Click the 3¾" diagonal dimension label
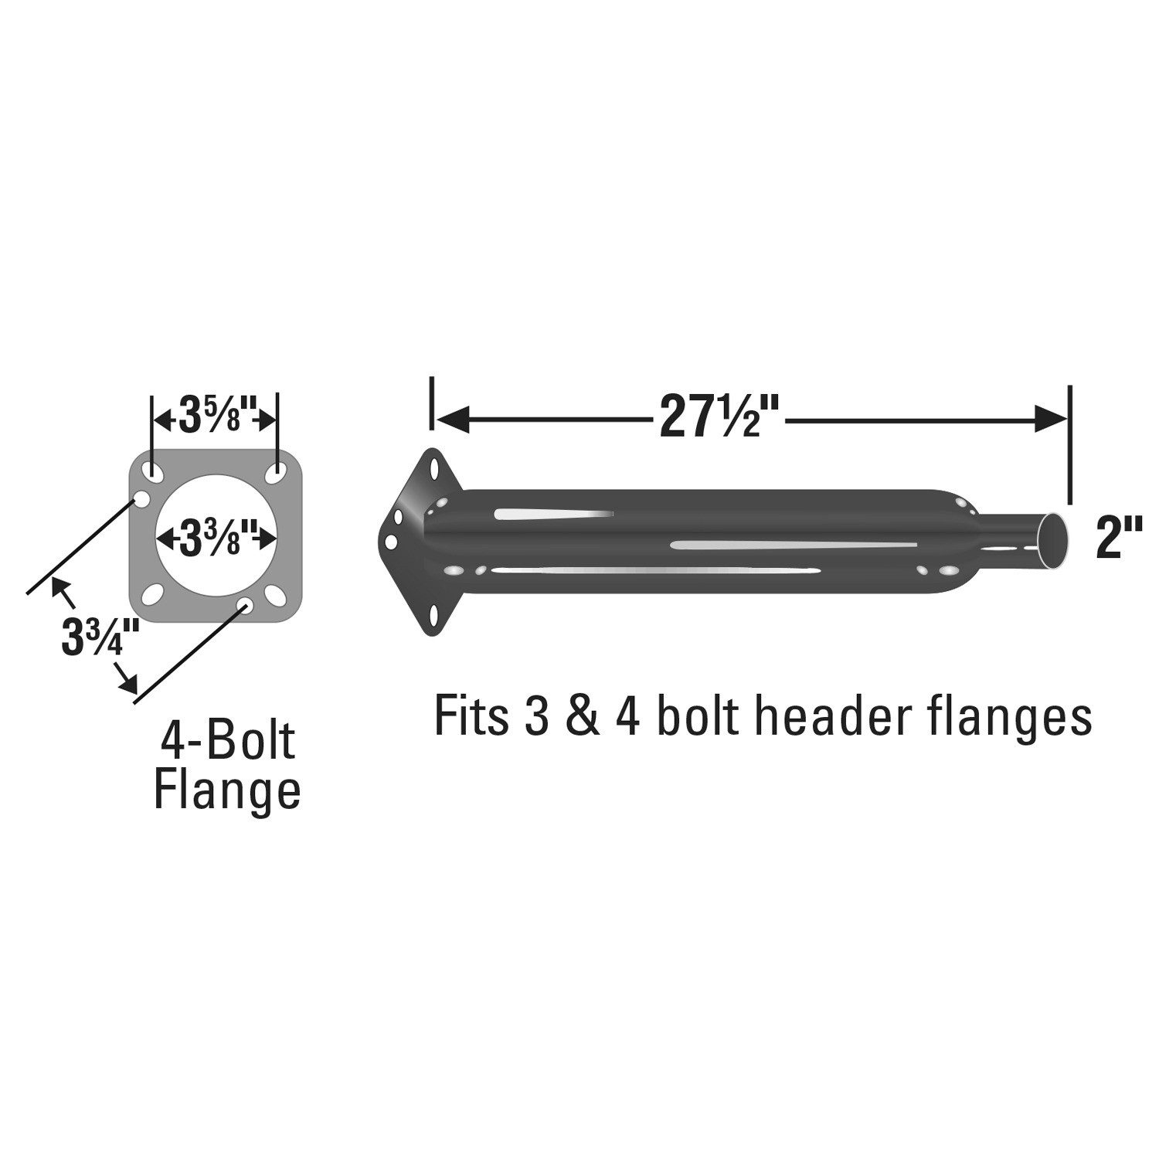coord(100,638)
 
